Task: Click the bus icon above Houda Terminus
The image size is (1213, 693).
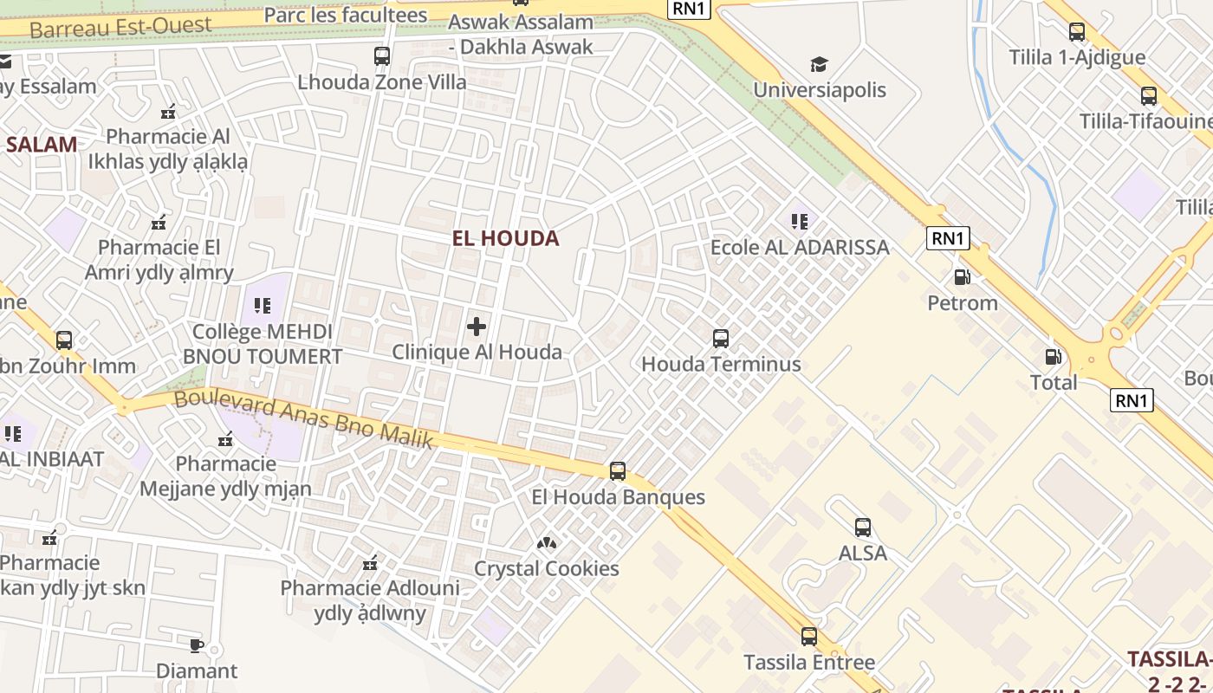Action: click(x=720, y=339)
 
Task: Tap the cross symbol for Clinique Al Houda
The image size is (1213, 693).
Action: click(x=476, y=327)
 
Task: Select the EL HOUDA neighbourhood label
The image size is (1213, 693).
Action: click(x=505, y=238)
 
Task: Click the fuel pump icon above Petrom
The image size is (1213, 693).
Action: click(x=962, y=277)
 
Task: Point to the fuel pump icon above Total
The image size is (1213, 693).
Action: click(x=1053, y=356)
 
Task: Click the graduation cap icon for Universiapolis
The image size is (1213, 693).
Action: click(x=819, y=64)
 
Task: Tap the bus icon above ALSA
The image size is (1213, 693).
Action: click(x=862, y=528)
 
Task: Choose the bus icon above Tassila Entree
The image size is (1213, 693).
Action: click(x=808, y=637)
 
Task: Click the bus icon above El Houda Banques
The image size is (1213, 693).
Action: click(x=617, y=471)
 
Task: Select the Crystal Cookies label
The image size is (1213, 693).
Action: click(x=546, y=569)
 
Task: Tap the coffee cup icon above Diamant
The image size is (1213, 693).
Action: click(x=196, y=645)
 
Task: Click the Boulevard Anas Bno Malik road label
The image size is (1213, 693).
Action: click(x=303, y=419)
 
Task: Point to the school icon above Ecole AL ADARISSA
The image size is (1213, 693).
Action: click(x=799, y=222)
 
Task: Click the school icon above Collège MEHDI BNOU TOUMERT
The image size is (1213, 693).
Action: click(x=262, y=306)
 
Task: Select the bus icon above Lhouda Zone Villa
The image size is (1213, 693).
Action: click(x=381, y=56)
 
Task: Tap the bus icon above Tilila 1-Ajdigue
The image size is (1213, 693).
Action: click(x=1076, y=32)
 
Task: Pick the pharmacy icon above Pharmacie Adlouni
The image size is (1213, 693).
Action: click(x=370, y=563)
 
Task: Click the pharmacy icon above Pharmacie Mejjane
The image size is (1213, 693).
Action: click(x=225, y=439)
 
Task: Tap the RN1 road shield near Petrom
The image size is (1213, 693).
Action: click(x=947, y=238)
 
